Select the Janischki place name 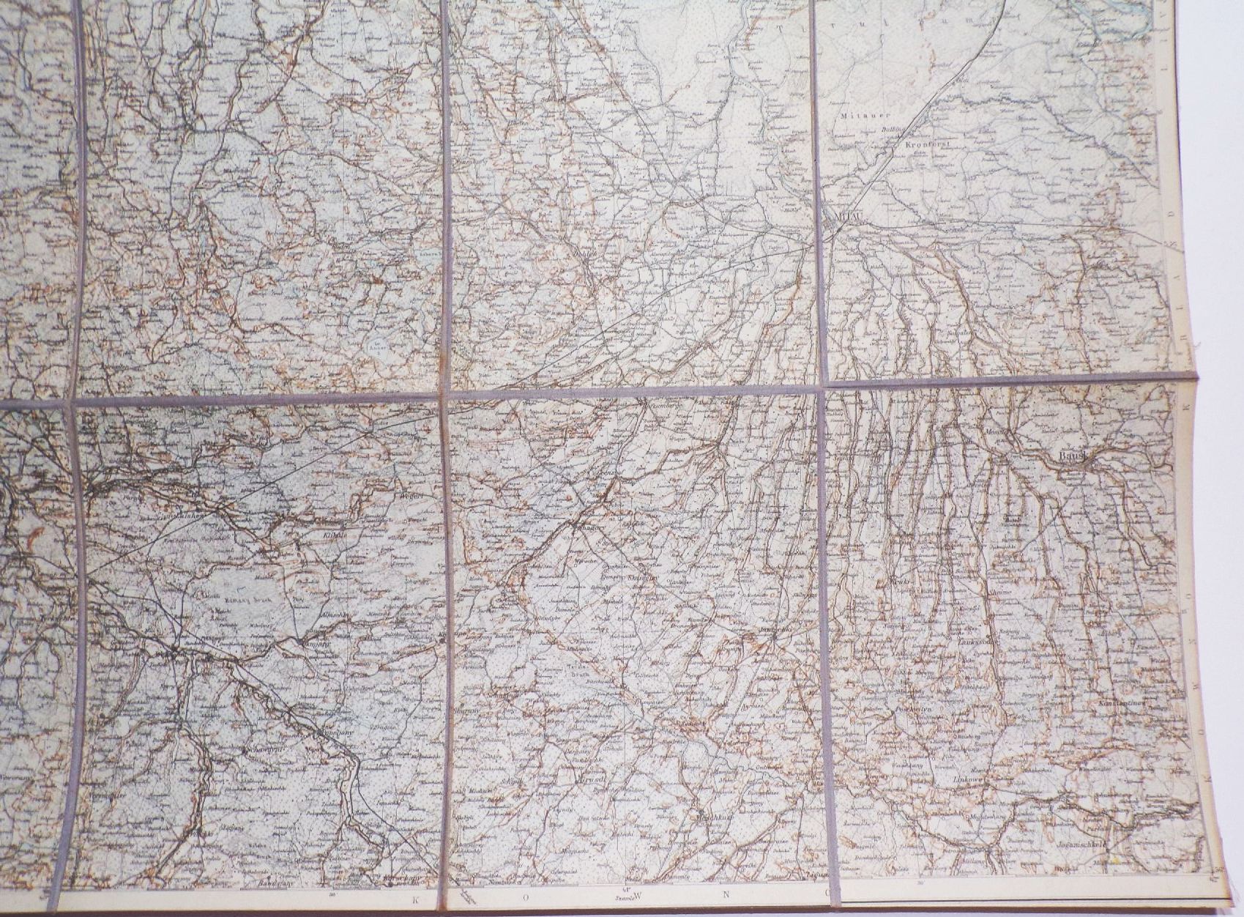[775, 628]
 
